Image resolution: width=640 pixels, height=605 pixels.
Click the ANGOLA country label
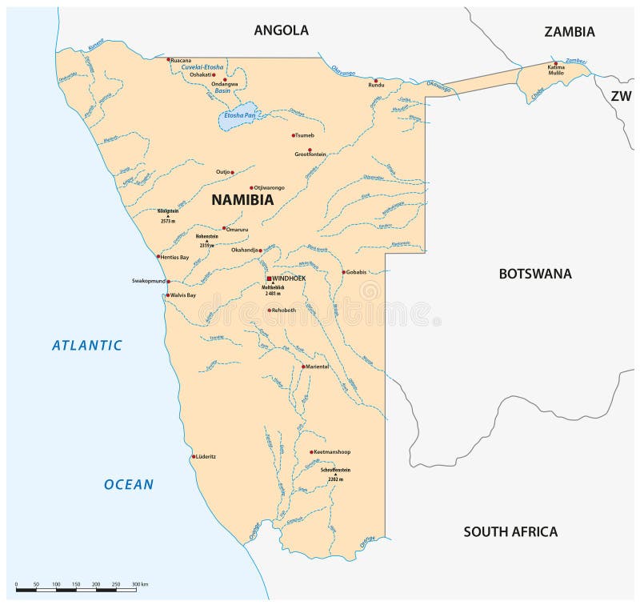(281, 30)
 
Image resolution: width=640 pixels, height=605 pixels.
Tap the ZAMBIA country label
(569, 32)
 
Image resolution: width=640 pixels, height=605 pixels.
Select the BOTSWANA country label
(535, 274)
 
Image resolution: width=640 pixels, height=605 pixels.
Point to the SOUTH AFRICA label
(510, 531)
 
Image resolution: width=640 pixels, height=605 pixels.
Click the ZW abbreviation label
(621, 95)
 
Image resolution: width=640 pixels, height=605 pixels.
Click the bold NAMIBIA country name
(242, 201)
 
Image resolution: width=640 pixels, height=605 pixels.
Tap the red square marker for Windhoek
(270, 278)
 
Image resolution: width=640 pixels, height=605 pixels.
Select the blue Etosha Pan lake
(239, 116)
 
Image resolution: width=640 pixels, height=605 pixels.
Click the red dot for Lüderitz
(194, 457)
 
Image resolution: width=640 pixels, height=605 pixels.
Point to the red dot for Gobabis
(344, 272)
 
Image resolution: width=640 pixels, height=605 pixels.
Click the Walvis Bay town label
(182, 295)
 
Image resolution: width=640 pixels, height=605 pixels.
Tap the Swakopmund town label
(148, 282)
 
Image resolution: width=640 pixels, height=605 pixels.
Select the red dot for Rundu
(375, 80)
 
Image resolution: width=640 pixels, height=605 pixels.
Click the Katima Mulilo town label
(556, 70)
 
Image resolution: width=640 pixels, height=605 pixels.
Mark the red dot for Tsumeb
(294, 135)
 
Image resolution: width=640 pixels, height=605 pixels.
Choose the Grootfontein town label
(310, 154)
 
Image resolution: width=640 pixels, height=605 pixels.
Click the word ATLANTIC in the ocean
(87, 346)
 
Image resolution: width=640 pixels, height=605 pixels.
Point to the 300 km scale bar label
(140, 585)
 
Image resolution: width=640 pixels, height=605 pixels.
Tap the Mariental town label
(318, 367)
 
